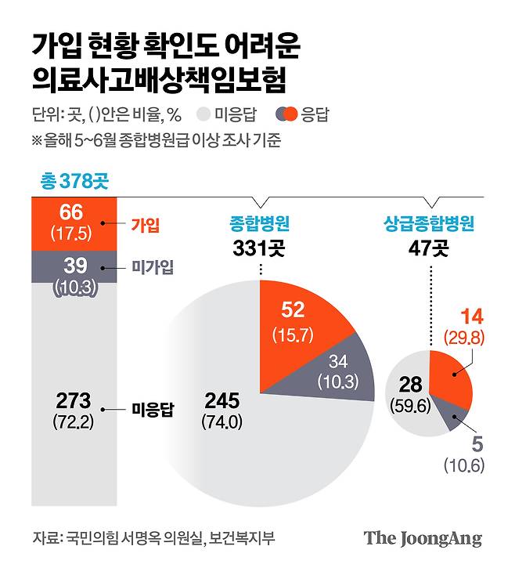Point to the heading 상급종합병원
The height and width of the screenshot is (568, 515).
coord(428,224)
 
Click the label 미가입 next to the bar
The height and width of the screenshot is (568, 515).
coord(153,266)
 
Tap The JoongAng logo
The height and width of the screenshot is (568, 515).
coord(422,538)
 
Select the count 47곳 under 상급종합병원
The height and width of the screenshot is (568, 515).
coord(428,248)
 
